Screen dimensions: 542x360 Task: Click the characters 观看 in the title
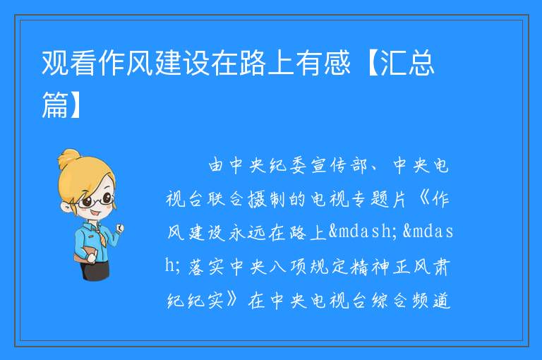68,63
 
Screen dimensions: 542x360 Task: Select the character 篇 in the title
55,104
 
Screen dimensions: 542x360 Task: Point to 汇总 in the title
406,63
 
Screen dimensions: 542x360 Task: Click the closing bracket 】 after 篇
75,104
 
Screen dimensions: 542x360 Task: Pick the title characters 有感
323,63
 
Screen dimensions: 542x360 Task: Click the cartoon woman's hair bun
68,158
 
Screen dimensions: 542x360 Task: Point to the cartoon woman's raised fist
120,227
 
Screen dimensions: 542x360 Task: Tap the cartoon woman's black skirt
96,268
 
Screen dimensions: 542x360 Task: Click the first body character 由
215,166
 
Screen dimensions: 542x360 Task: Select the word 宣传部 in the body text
339,166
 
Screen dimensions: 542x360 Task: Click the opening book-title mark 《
423,200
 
